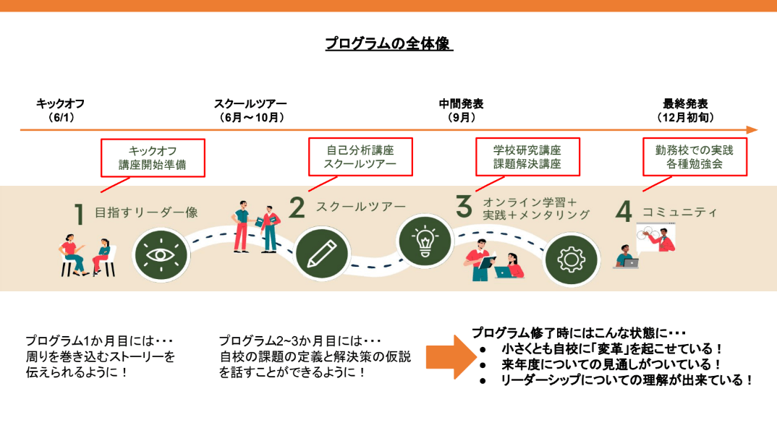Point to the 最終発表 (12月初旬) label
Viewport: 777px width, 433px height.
coord(685,110)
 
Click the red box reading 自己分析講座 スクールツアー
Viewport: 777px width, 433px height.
coord(360,157)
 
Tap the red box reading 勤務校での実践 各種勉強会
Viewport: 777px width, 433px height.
coord(695,157)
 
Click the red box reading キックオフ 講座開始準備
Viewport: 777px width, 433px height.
coord(153,157)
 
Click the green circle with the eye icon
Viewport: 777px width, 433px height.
coord(161,254)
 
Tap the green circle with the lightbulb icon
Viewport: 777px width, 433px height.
coord(425,241)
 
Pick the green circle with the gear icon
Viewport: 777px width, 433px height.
coord(572,259)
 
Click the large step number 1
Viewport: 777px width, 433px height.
coord(80,215)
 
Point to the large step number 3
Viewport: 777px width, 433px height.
coord(464,206)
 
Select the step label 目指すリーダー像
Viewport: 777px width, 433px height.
coord(147,213)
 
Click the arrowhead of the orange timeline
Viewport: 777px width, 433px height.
coord(752,130)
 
